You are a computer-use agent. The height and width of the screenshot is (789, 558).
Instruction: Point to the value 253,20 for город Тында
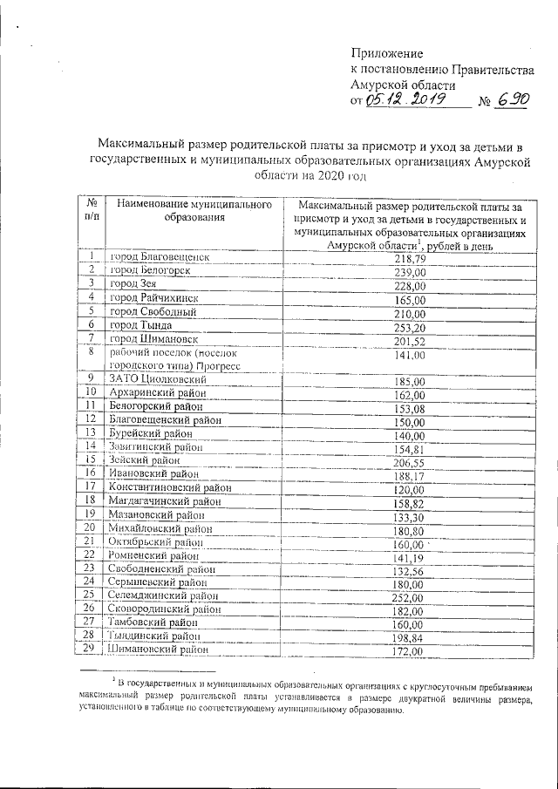point(410,326)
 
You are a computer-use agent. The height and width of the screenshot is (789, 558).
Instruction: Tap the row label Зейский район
point(145,459)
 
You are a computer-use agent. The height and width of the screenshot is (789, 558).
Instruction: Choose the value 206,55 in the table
point(410,461)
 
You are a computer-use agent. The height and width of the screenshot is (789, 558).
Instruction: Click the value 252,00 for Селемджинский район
point(410,597)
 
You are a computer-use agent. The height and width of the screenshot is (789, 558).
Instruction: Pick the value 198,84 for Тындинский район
point(410,637)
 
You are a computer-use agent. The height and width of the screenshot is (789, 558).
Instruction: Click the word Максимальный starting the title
point(142,145)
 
